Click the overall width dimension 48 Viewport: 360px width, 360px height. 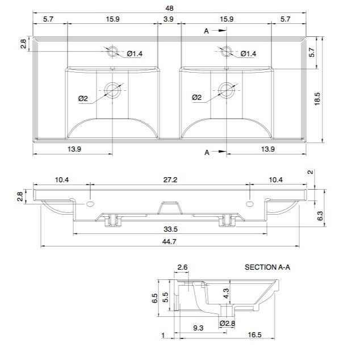click(169, 9)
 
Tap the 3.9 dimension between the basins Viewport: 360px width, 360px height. click(168, 19)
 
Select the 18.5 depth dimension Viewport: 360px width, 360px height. click(317, 99)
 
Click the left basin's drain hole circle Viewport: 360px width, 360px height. click(112, 90)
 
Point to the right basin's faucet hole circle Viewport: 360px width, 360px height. click(227, 52)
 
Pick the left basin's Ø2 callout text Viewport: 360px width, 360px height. click(83, 98)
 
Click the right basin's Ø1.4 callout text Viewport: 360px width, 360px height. click(248, 54)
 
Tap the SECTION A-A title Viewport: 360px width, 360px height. click(267, 267)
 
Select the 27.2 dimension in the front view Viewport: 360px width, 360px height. click(170, 180)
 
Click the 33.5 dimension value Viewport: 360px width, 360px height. click(170, 229)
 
